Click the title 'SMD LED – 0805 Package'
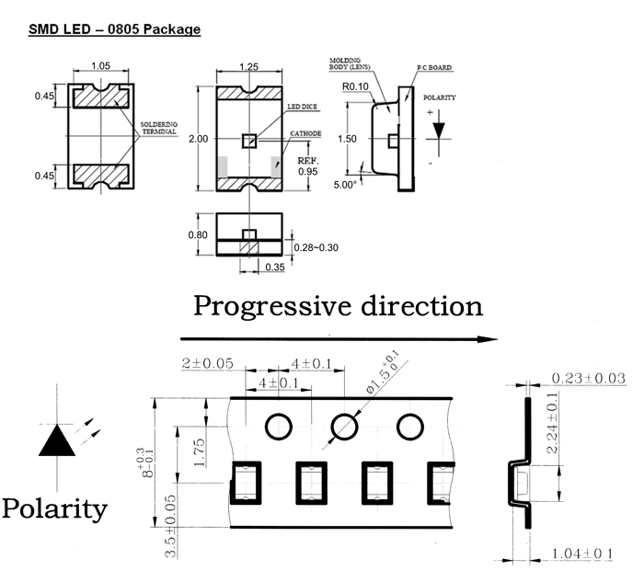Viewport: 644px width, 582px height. click(114, 29)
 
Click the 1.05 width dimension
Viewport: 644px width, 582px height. click(101, 66)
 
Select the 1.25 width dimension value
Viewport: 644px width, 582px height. click(247, 67)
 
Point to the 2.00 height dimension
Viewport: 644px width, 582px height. click(197, 139)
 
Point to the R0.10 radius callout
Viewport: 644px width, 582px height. click(354, 87)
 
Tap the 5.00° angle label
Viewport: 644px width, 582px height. click(344, 184)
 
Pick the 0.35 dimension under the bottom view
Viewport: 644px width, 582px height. click(272, 268)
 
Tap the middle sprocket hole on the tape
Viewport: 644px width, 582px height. click(344, 426)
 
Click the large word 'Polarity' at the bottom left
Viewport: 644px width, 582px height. click(54, 508)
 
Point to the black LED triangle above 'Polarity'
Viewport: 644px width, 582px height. click(57, 440)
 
